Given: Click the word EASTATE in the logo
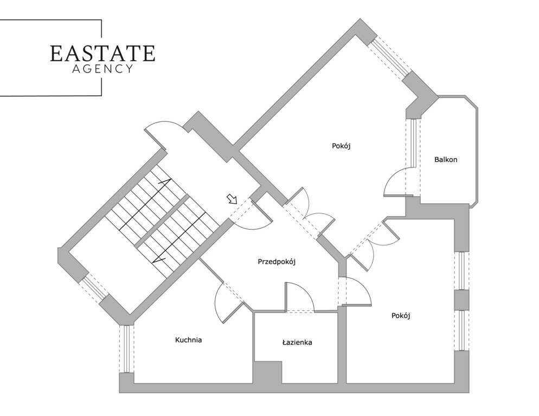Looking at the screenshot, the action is pyautogui.click(x=102, y=53).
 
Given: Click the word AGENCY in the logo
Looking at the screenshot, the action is pyautogui.click(x=102, y=69).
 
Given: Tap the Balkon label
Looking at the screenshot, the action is pyautogui.click(x=446, y=159).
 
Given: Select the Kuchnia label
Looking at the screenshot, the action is pyautogui.click(x=188, y=340).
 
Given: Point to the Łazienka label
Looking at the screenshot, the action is pyautogui.click(x=297, y=342).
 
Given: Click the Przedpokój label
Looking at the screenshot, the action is pyautogui.click(x=277, y=262).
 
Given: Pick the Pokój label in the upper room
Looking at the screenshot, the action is pyautogui.click(x=341, y=146).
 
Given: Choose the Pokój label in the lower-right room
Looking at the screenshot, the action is pyautogui.click(x=401, y=315).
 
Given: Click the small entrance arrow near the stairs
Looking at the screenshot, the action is pyautogui.click(x=232, y=199).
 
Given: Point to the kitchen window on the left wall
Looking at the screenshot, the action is pyautogui.click(x=126, y=349).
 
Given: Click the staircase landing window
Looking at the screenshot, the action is pyautogui.click(x=93, y=287).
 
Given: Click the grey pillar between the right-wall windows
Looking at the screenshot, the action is pyautogui.click(x=461, y=300).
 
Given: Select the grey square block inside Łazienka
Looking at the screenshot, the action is pyautogui.click(x=268, y=372).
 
